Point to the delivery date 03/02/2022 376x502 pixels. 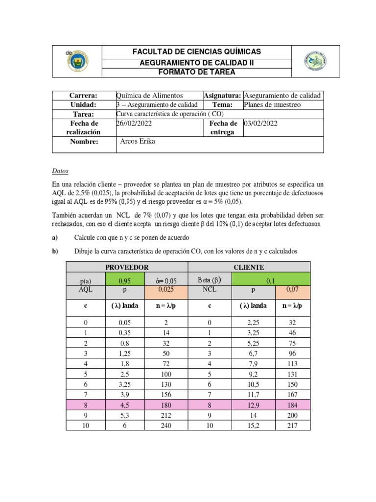pyautogui.click(x=260, y=124)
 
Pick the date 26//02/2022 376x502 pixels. pyautogui.click(x=134, y=124)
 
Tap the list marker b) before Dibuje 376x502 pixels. pyautogui.click(x=55, y=251)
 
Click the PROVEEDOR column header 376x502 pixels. pyautogui.click(x=127, y=267)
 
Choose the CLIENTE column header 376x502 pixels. pyautogui.click(x=249, y=267)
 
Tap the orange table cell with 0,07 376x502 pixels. pyautogui.click(x=293, y=290)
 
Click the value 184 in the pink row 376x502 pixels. pyautogui.click(x=293, y=404)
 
